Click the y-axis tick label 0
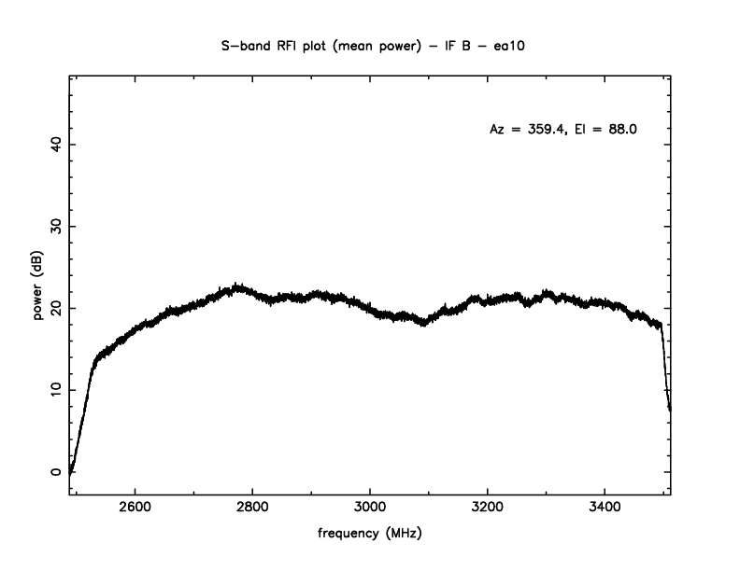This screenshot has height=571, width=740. pos(55,472)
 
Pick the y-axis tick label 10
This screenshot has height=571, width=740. pos(55,390)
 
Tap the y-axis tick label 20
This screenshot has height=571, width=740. pos(55,308)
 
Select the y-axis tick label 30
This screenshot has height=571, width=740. pos(55,227)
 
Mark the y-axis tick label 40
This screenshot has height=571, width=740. pos(55,145)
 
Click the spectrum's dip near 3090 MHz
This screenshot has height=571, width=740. pos(424,324)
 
